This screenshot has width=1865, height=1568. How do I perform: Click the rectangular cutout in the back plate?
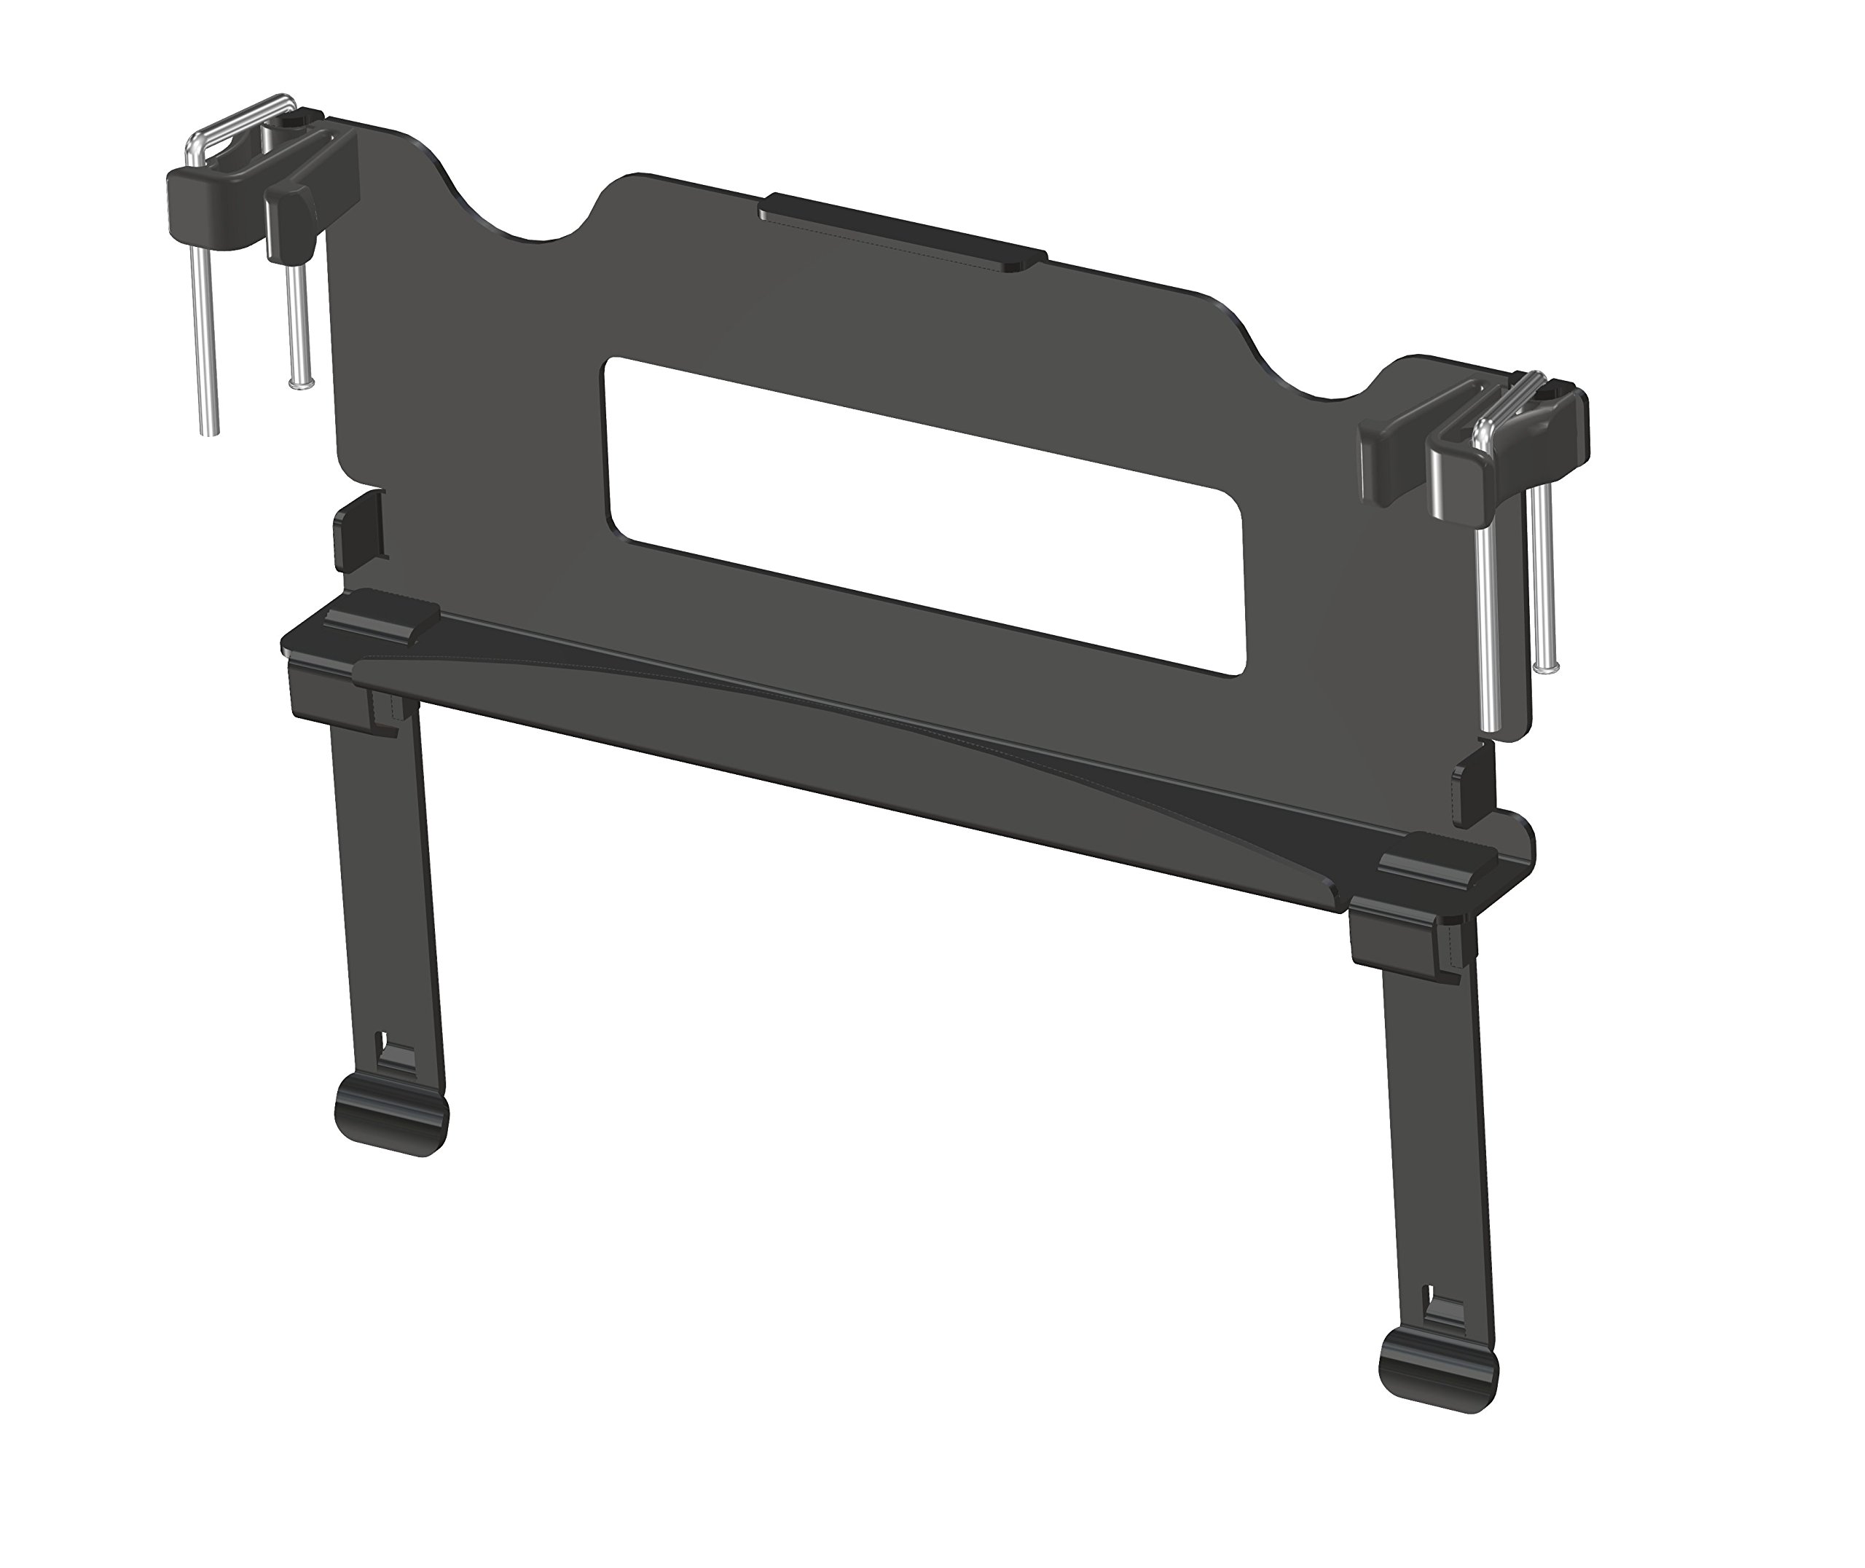pyautogui.click(x=924, y=516)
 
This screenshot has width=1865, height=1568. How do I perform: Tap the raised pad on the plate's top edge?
pyautogui.click(x=903, y=235)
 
